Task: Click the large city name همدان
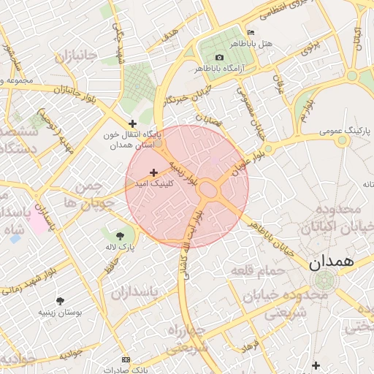[x=331, y=262]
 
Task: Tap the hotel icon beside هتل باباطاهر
[x=251, y=33]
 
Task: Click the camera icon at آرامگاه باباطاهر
[x=219, y=57]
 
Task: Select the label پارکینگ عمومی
[x=345, y=131]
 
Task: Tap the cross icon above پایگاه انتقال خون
[x=132, y=123]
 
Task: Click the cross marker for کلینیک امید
[x=153, y=172]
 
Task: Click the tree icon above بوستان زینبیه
[x=60, y=300]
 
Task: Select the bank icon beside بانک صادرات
[x=126, y=359]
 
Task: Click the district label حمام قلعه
[x=258, y=271]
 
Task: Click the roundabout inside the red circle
[x=209, y=190]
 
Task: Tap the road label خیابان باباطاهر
[x=269, y=239]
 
